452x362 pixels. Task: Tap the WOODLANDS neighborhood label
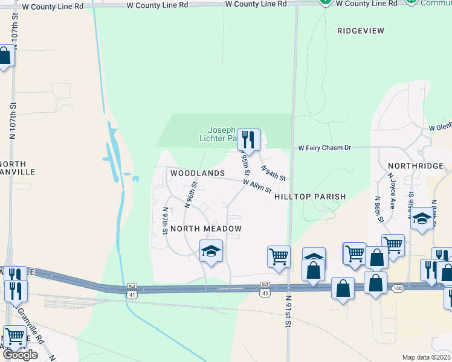click(198, 173)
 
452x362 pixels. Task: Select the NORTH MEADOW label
click(206, 229)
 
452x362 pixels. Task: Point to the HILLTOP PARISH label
click(310, 197)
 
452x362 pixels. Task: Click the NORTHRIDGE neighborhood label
click(416, 165)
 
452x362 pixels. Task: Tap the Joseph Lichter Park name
click(221, 134)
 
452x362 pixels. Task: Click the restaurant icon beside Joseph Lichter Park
click(248, 140)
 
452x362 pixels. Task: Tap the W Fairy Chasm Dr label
click(324, 148)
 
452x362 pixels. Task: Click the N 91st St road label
click(289, 311)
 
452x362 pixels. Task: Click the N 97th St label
click(165, 221)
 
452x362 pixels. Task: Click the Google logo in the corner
click(20, 355)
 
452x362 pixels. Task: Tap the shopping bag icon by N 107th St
click(5, 57)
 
